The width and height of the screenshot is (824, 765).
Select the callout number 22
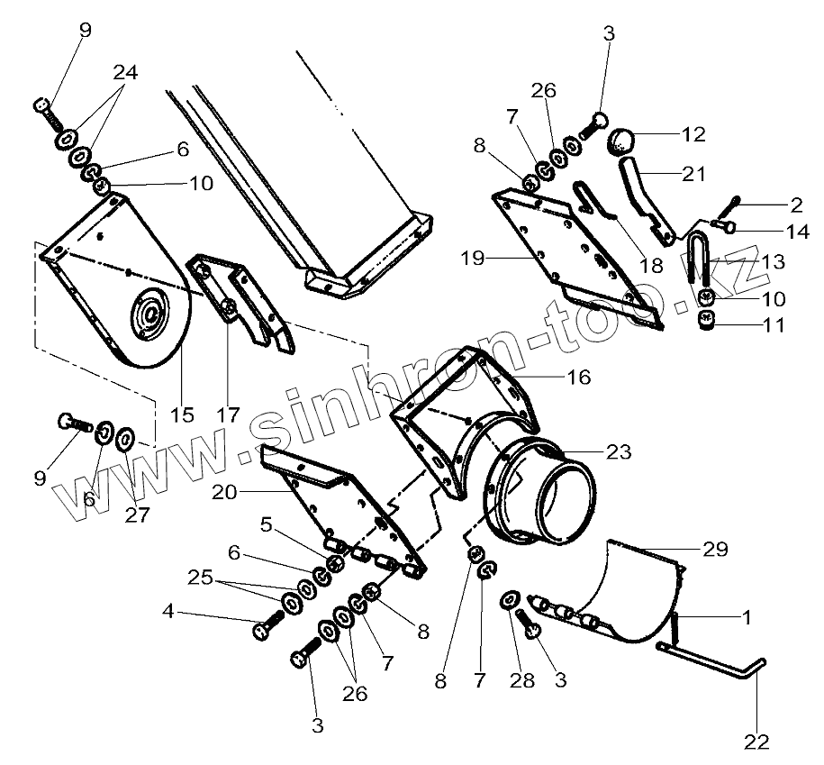click(x=757, y=742)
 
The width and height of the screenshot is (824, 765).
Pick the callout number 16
click(x=579, y=377)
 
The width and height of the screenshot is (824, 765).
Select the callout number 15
click(x=183, y=415)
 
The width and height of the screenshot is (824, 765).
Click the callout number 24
click(x=125, y=74)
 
